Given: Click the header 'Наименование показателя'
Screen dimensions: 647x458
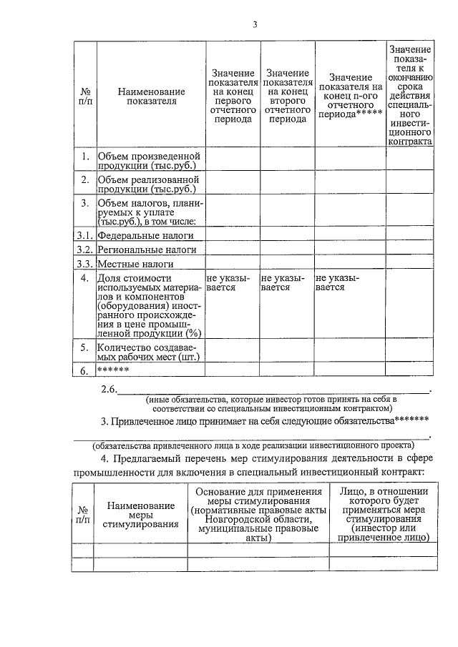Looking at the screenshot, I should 151,97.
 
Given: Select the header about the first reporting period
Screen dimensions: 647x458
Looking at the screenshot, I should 233,97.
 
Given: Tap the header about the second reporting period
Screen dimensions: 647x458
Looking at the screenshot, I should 287,97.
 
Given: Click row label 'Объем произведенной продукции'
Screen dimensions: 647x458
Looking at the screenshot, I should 149,161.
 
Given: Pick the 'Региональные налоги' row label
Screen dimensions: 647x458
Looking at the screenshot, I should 147,250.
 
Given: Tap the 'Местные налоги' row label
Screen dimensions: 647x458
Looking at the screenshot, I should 137,264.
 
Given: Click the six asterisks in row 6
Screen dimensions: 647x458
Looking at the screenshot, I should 112,370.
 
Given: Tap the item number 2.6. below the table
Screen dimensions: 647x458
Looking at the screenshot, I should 109,389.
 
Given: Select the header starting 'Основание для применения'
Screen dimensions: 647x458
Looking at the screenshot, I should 258,515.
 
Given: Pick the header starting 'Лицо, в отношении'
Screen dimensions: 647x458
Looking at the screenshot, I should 384,515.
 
